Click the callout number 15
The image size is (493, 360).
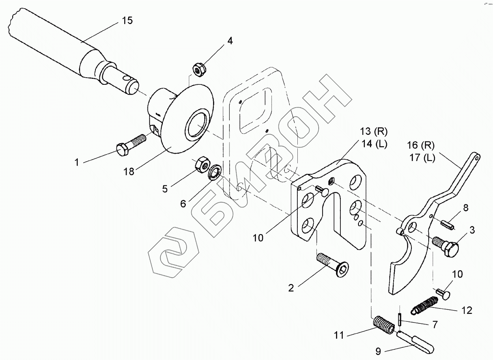coord(127,21)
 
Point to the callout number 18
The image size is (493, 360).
coord(129,171)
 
